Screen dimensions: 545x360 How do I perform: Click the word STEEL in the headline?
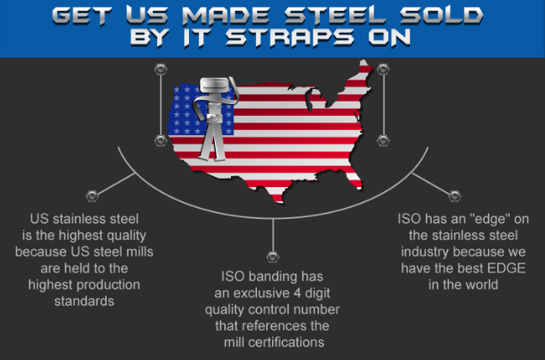point(335,15)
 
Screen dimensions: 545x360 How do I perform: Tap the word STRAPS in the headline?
point(290,38)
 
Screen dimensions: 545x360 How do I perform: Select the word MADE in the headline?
point(226,15)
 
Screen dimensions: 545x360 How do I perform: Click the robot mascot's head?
point(214,86)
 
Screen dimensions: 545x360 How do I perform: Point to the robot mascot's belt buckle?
point(212,118)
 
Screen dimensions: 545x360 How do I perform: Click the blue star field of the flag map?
point(201,109)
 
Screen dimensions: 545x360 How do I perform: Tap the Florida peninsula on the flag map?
point(355,179)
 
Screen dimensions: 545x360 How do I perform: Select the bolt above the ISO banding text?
point(273,257)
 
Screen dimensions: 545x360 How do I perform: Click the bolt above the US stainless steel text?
point(92,196)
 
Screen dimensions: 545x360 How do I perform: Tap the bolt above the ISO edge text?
point(454,196)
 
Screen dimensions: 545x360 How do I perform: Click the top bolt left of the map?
point(160,69)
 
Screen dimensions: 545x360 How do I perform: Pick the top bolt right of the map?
point(383,69)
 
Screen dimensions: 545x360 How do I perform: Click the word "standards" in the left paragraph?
point(84,301)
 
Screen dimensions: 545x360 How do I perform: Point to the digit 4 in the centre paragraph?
point(297,293)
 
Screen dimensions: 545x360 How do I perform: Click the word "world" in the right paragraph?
point(480,284)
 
